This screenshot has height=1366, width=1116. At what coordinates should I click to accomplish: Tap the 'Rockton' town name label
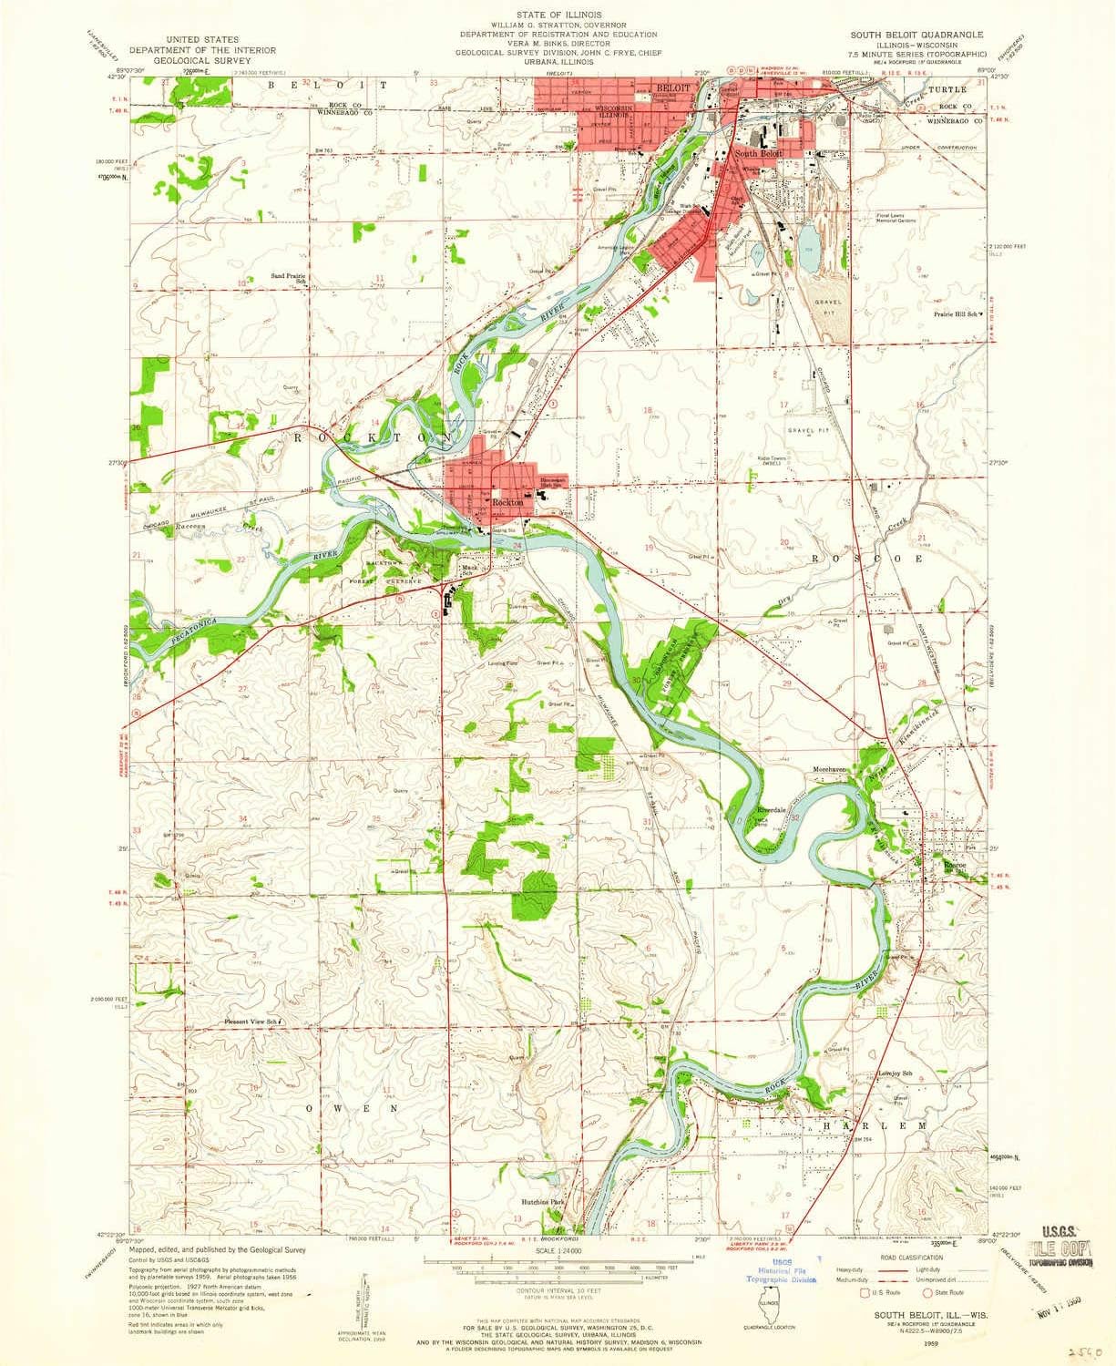click(x=507, y=502)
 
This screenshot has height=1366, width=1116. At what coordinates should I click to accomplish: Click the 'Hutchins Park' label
click(x=545, y=1202)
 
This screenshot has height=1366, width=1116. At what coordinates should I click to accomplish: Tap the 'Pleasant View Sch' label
click(x=251, y=1022)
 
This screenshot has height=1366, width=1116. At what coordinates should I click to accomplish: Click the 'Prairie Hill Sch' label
click(x=954, y=314)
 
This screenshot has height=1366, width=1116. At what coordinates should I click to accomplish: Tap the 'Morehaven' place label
click(x=830, y=769)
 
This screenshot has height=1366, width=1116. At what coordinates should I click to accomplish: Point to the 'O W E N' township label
click(x=353, y=1108)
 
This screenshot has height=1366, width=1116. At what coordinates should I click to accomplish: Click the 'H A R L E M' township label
click(x=874, y=1126)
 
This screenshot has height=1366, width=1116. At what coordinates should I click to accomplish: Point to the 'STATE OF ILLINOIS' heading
click(x=558, y=15)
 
